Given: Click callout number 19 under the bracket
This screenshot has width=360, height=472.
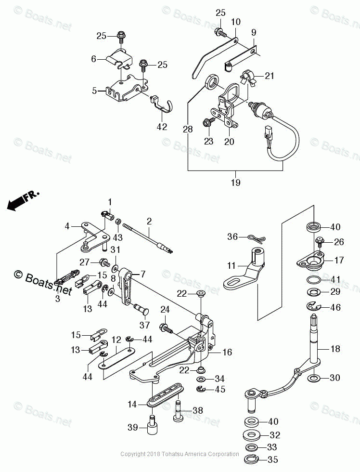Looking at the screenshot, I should [x=235, y=183].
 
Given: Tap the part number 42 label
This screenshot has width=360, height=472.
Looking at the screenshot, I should [x=162, y=127].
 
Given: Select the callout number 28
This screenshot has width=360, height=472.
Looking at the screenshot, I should [x=187, y=130].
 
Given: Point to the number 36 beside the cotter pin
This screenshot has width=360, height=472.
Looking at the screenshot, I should [x=233, y=236].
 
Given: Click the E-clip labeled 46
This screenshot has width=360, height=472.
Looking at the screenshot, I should [x=312, y=306].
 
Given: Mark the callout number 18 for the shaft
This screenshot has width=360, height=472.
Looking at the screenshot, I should [x=335, y=348].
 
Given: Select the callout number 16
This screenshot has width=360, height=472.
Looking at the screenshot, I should [x=227, y=353].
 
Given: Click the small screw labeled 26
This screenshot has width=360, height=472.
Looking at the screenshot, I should [x=319, y=240].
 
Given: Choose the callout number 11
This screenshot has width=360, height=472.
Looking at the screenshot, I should [x=231, y=265].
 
